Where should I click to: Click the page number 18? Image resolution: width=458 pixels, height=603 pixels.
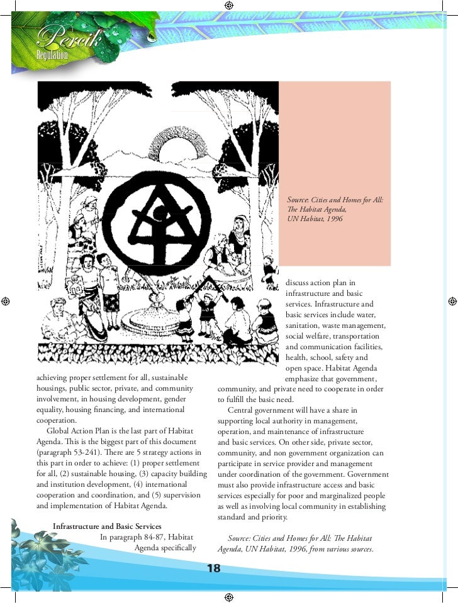click(x=213, y=569)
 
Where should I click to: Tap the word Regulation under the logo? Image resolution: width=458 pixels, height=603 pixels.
click(x=52, y=55)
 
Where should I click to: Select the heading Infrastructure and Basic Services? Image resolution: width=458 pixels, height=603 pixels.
click(x=107, y=526)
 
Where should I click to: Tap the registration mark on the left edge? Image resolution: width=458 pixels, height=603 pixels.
click(x=5, y=301)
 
